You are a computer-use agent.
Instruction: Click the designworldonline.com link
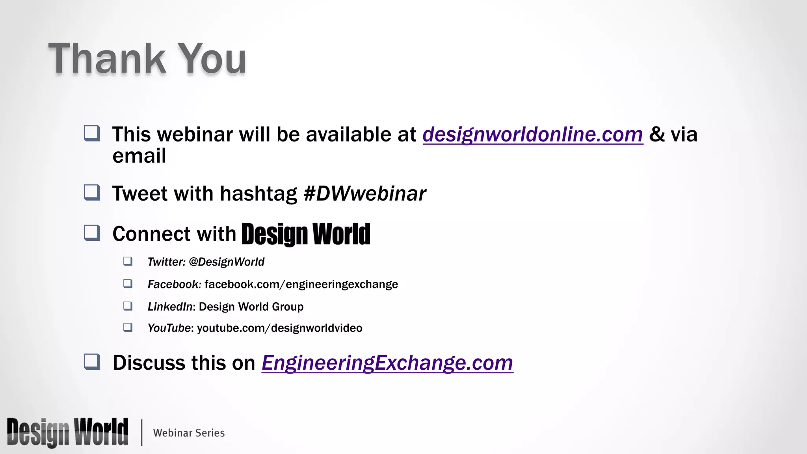coord(532,134)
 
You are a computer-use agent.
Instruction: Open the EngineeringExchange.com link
coord(387,363)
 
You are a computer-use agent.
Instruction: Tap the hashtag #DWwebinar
coord(364,194)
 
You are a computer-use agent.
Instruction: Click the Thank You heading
coord(147,59)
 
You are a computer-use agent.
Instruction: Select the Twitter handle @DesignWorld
coord(226,262)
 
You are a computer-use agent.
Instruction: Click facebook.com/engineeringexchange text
coord(301,285)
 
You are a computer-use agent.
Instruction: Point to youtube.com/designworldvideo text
coord(279,328)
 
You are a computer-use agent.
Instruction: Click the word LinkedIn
coord(170,307)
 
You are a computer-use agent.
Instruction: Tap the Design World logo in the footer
coord(67,432)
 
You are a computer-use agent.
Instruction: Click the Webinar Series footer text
coord(189,433)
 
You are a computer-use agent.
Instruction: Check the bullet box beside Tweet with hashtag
coord(92,193)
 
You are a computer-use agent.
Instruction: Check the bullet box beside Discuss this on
coord(92,362)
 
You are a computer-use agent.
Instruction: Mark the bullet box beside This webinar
coord(92,133)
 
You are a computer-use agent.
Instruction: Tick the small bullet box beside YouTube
coord(128,327)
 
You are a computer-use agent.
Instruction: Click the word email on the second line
coord(139,156)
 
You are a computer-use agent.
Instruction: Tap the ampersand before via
coord(656,134)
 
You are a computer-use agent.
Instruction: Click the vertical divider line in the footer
coord(141,432)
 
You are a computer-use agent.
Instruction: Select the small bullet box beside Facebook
coord(128,284)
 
